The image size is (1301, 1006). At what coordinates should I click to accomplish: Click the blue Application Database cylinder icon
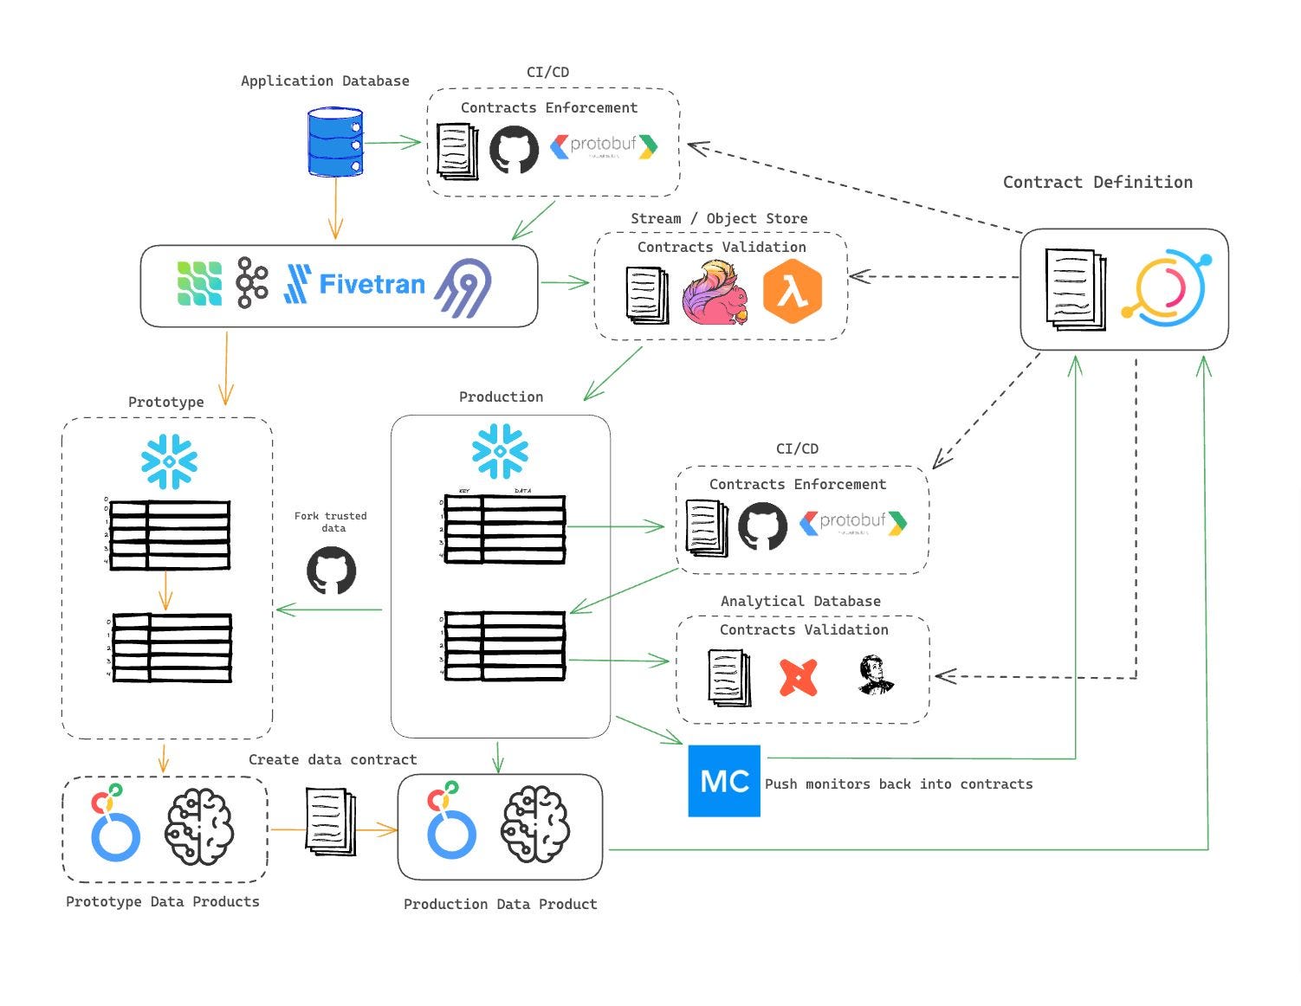pyautogui.click(x=335, y=143)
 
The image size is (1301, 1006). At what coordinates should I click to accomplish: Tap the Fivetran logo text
pyautogui.click(x=372, y=284)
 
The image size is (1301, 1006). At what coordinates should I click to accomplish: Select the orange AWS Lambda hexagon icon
pyautogui.click(x=792, y=293)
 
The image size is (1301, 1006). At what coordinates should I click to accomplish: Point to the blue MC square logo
pyautogui.click(x=724, y=781)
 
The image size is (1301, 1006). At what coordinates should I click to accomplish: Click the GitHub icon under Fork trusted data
pyautogui.click(x=331, y=571)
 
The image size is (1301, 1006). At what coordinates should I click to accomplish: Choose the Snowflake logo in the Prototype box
pyautogui.click(x=169, y=461)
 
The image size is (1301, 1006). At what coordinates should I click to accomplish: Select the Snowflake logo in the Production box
pyautogui.click(x=500, y=451)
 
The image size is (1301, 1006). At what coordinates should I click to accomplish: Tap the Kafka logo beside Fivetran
pyautogui.click(x=252, y=282)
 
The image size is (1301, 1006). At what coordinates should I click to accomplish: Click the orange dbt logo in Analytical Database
pyautogui.click(x=798, y=677)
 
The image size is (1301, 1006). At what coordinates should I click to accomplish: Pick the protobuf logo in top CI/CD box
pyautogui.click(x=604, y=145)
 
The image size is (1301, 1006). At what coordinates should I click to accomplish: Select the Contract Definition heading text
pyautogui.click(x=1097, y=182)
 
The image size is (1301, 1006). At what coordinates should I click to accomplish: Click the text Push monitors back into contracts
pyautogui.click(x=898, y=784)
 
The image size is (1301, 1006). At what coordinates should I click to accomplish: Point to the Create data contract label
pyautogui.click(x=333, y=759)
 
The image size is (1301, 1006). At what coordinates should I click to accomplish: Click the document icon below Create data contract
pyautogui.click(x=330, y=821)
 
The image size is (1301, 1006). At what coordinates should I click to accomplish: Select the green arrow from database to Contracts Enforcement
pyautogui.click(x=392, y=143)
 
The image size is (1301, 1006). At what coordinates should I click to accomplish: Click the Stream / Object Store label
pyautogui.click(x=719, y=218)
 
